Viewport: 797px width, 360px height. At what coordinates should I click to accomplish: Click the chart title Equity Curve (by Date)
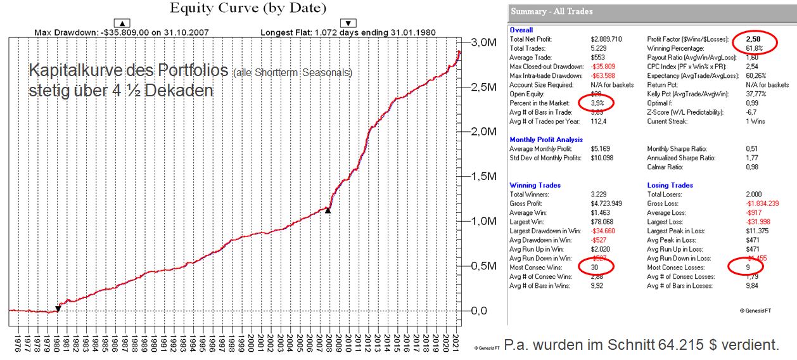coord(248,8)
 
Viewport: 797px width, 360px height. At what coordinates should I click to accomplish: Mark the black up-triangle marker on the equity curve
coord(328,210)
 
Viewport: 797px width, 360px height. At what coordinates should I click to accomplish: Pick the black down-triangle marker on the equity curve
coord(58,309)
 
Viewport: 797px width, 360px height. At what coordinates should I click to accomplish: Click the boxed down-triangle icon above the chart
coord(348,23)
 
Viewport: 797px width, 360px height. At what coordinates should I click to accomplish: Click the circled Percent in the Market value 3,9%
coord(599,102)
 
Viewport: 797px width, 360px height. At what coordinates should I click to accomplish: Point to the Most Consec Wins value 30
coord(596,267)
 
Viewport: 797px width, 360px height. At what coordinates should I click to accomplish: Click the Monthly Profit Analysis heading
coord(546,139)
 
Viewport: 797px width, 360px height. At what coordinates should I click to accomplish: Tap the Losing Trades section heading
coord(671,185)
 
